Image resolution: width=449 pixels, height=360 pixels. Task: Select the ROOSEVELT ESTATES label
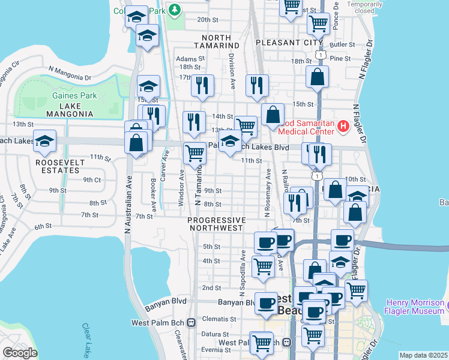(x=58, y=166)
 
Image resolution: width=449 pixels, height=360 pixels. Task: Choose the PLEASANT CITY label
(x=285, y=43)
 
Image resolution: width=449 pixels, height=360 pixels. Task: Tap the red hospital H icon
(x=343, y=126)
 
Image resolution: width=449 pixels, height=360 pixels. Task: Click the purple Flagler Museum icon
(x=444, y=307)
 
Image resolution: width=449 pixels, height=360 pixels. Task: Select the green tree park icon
(x=175, y=9)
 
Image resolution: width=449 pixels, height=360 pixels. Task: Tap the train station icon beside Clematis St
(x=191, y=323)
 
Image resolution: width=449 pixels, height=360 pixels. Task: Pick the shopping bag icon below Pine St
(x=317, y=77)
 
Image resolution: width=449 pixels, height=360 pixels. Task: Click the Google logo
(x=20, y=352)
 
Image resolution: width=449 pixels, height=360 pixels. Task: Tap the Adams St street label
(x=187, y=59)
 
